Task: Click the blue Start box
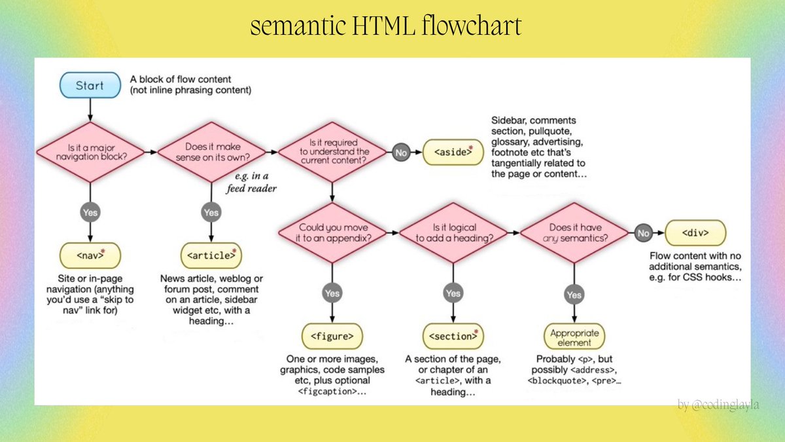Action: coord(90,86)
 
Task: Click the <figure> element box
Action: coord(332,336)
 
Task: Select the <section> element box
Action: coord(453,336)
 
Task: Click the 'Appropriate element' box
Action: coord(574,337)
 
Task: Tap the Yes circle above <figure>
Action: coord(332,293)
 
